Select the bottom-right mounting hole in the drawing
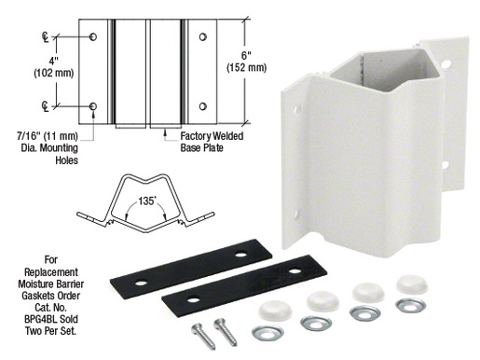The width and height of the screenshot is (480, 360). tap(201, 106)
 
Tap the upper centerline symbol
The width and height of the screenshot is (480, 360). tap(47, 36)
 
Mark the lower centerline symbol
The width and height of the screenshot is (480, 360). tap(47, 105)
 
